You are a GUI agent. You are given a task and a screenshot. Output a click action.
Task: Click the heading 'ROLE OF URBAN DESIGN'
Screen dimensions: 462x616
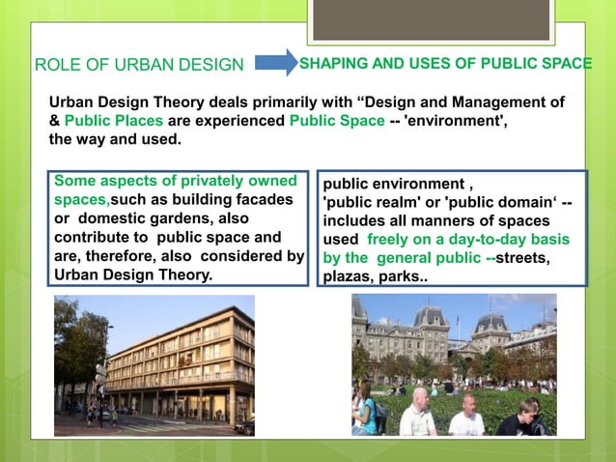tap(139, 66)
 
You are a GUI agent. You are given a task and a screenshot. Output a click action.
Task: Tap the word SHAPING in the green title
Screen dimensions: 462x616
tap(329, 64)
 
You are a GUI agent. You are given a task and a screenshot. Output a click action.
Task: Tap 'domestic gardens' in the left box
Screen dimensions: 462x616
tap(142, 217)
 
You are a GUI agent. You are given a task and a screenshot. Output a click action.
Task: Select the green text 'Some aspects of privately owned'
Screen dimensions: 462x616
tap(174, 181)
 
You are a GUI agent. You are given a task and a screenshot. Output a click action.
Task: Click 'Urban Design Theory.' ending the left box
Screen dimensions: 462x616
tap(129, 274)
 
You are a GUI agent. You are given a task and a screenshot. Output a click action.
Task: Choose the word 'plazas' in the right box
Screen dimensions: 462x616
tap(345, 276)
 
